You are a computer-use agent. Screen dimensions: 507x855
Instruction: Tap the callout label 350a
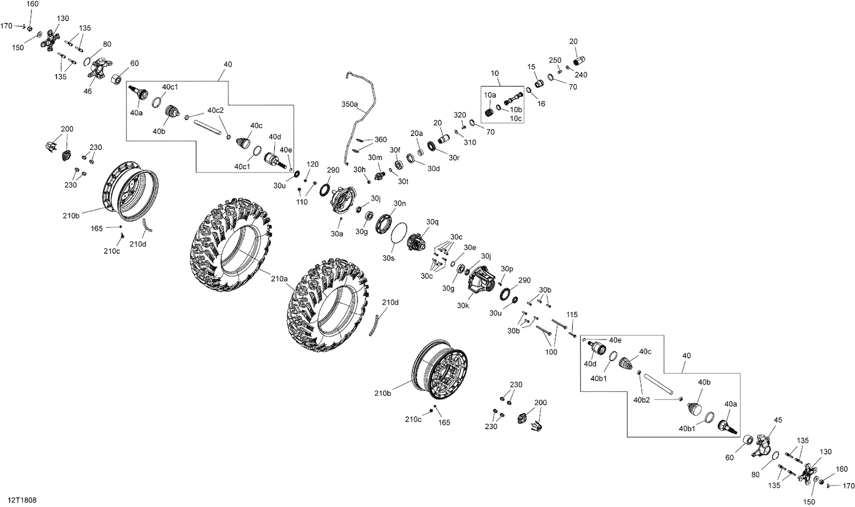(x=349, y=105)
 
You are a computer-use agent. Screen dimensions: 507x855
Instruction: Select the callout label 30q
(x=433, y=222)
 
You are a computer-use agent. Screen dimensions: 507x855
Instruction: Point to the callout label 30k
(x=462, y=305)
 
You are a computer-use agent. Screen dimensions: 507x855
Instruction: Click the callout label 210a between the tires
(x=280, y=279)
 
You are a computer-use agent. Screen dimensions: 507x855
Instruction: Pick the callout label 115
(x=572, y=315)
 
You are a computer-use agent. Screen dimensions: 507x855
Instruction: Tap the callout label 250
(x=555, y=60)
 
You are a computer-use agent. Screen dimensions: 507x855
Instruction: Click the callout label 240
(x=581, y=75)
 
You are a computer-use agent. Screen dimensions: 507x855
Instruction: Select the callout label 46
(x=88, y=91)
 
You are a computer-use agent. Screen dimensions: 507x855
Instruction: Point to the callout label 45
(x=779, y=421)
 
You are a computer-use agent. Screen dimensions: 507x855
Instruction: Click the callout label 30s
(x=388, y=258)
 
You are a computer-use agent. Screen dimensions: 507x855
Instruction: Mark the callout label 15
(x=532, y=67)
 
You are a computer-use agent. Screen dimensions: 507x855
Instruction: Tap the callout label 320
(x=460, y=115)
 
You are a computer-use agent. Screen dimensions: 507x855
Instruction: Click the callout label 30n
(x=400, y=203)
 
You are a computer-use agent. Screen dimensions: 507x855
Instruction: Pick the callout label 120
(x=312, y=164)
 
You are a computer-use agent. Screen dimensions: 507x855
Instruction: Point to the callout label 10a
(x=490, y=95)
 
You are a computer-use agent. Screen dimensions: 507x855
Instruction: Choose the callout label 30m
(x=374, y=157)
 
